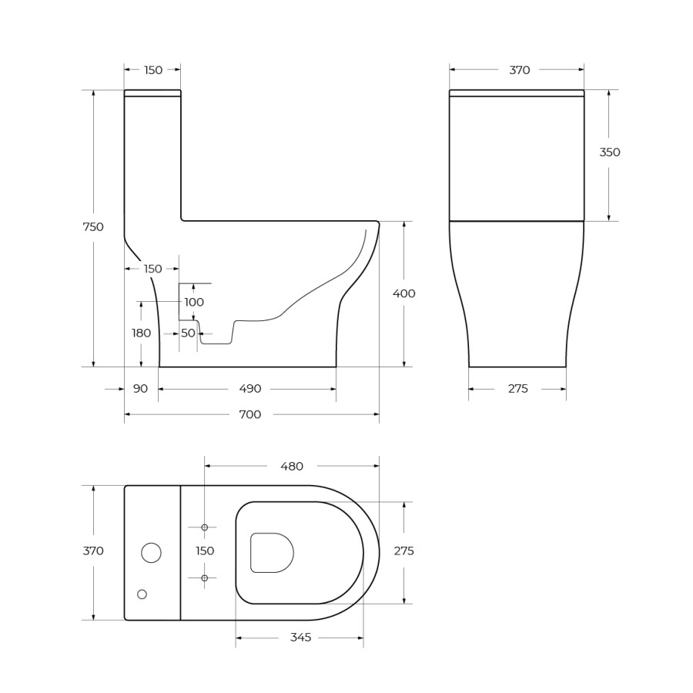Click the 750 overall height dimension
coord(93,227)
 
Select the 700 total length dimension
coord(250,414)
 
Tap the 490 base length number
coord(250,389)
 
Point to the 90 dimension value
coord(140,389)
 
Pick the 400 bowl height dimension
coord(404,293)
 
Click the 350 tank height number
coord(610,152)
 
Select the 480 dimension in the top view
coord(292,467)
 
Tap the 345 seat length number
coord(300,638)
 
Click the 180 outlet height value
coord(142,333)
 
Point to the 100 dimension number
coord(194,303)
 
